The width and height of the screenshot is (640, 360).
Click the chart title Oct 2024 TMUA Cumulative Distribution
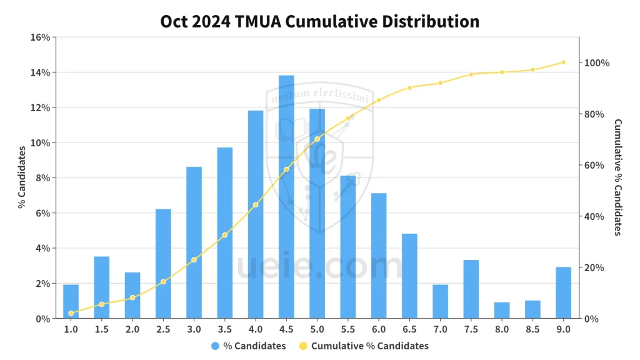pos(320,21)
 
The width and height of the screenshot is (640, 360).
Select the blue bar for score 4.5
pos(286,197)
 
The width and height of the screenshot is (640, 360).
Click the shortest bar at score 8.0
pos(502,310)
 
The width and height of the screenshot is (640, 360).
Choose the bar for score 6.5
pos(409,276)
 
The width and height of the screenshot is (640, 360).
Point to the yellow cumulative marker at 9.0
pos(563,62)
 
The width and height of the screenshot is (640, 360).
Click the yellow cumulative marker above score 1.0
pos(71,313)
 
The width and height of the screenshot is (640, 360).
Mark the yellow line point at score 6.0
pos(379,100)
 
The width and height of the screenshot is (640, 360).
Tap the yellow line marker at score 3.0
pos(194,259)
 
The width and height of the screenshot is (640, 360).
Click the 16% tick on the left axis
pos(40,37)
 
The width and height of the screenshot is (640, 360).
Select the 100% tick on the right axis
pos(596,63)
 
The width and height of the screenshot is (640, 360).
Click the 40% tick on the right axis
pos(594,217)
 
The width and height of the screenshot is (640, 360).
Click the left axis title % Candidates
pos(21,177)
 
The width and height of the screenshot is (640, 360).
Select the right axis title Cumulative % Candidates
pos(617,177)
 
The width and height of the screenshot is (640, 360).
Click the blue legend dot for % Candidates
pos(215,346)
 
